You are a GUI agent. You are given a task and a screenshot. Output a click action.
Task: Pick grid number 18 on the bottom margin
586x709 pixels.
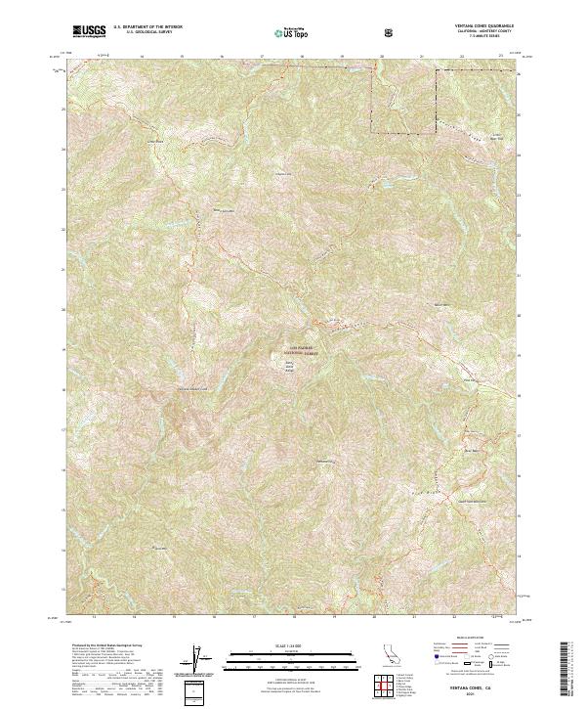coord(293,618)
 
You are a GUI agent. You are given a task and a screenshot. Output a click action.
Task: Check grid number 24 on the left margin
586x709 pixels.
coord(63,149)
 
